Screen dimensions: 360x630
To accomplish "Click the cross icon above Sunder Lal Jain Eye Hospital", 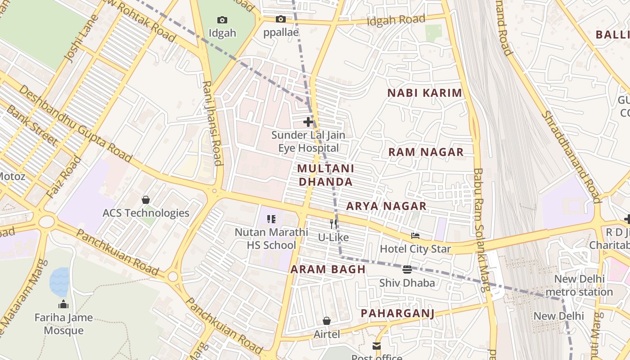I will (x=308, y=122).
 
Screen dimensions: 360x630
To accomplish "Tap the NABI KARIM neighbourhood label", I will (x=425, y=93).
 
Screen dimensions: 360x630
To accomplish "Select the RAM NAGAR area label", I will (x=426, y=152).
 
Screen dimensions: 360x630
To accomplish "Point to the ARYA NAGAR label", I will (x=386, y=206).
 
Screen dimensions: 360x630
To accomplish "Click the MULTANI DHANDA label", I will (x=326, y=175).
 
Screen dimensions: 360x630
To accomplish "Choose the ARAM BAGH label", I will (x=328, y=270).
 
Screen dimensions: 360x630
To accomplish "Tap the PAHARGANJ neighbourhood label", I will (x=398, y=313).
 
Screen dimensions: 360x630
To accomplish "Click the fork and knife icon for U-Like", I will (x=333, y=224).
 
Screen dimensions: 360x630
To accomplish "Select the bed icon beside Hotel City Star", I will (x=415, y=236).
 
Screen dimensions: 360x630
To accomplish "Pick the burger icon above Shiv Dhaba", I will (x=407, y=270).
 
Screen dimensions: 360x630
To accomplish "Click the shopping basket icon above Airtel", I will (x=327, y=321).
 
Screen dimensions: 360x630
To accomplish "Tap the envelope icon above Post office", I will (x=376, y=346).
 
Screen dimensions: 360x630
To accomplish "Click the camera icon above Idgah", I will (x=222, y=20).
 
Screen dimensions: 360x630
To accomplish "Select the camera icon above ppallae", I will (x=281, y=19).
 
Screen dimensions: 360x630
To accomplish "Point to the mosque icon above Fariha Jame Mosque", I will (x=63, y=305).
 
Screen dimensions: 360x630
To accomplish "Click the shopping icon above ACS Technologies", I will (x=146, y=200).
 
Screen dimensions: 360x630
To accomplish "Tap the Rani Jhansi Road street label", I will (x=212, y=123).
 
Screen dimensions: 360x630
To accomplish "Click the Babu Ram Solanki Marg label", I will (x=481, y=229).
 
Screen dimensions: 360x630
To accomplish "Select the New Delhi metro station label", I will (x=579, y=285).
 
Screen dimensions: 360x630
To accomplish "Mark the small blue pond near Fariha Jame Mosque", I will (x=59, y=282).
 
